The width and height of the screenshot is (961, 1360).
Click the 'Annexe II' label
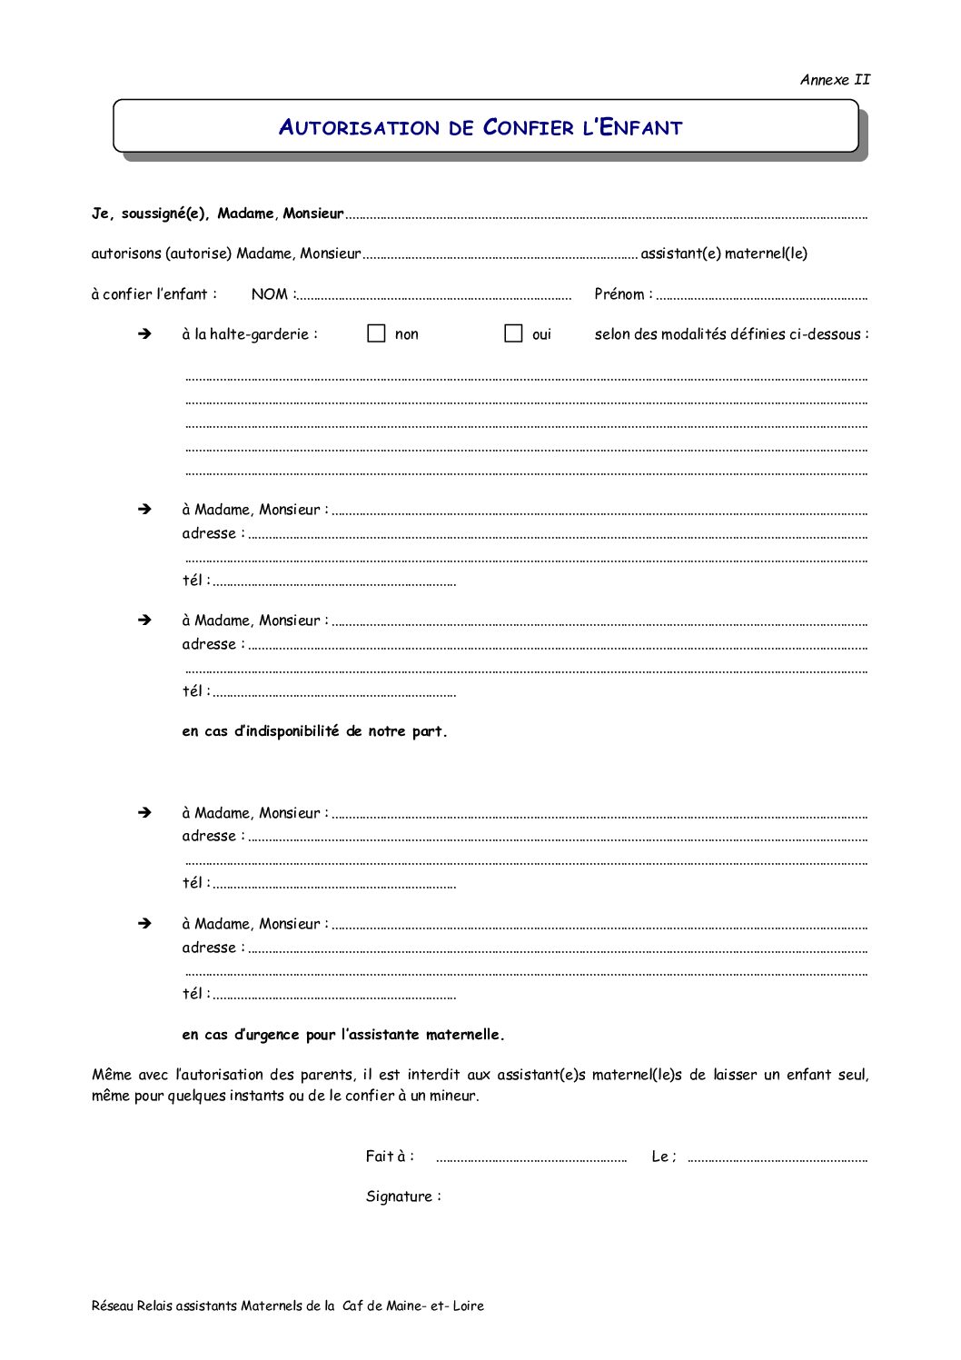click(x=835, y=80)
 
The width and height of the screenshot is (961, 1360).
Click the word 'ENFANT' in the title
click(x=641, y=128)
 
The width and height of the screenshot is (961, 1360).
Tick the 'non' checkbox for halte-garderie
click(x=376, y=333)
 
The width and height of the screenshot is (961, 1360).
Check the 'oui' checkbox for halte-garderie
click(x=513, y=333)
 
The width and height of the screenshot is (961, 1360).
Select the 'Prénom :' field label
click(x=623, y=294)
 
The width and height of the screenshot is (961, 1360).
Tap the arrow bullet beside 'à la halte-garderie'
click(x=144, y=334)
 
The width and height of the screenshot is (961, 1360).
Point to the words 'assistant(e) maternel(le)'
click(x=724, y=253)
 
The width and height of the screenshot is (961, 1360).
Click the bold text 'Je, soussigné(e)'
click(x=151, y=213)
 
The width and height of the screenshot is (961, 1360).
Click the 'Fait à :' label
click(x=390, y=1156)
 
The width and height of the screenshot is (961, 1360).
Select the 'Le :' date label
click(x=664, y=1156)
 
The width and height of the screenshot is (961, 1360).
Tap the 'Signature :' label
click(x=403, y=1196)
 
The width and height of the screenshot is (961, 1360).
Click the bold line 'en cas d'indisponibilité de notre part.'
click(x=314, y=731)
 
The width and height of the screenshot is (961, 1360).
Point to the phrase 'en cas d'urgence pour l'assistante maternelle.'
click(x=343, y=1035)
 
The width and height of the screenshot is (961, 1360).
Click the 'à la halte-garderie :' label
click(x=250, y=334)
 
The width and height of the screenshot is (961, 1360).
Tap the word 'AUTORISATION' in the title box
click(x=359, y=128)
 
